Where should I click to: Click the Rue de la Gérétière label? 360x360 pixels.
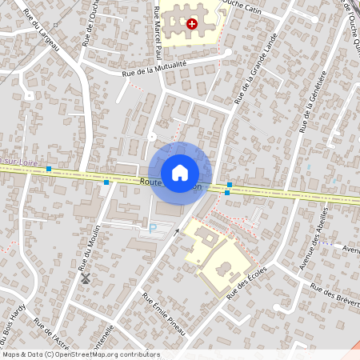[x=315, y=99]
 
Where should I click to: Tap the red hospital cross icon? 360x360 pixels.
[x=191, y=24]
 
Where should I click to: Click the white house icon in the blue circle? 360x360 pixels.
[x=180, y=173]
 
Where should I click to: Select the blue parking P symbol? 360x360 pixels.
[x=154, y=227]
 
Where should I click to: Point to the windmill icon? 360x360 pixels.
[x=85, y=279]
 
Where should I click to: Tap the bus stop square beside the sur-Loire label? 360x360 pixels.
[x=50, y=169]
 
